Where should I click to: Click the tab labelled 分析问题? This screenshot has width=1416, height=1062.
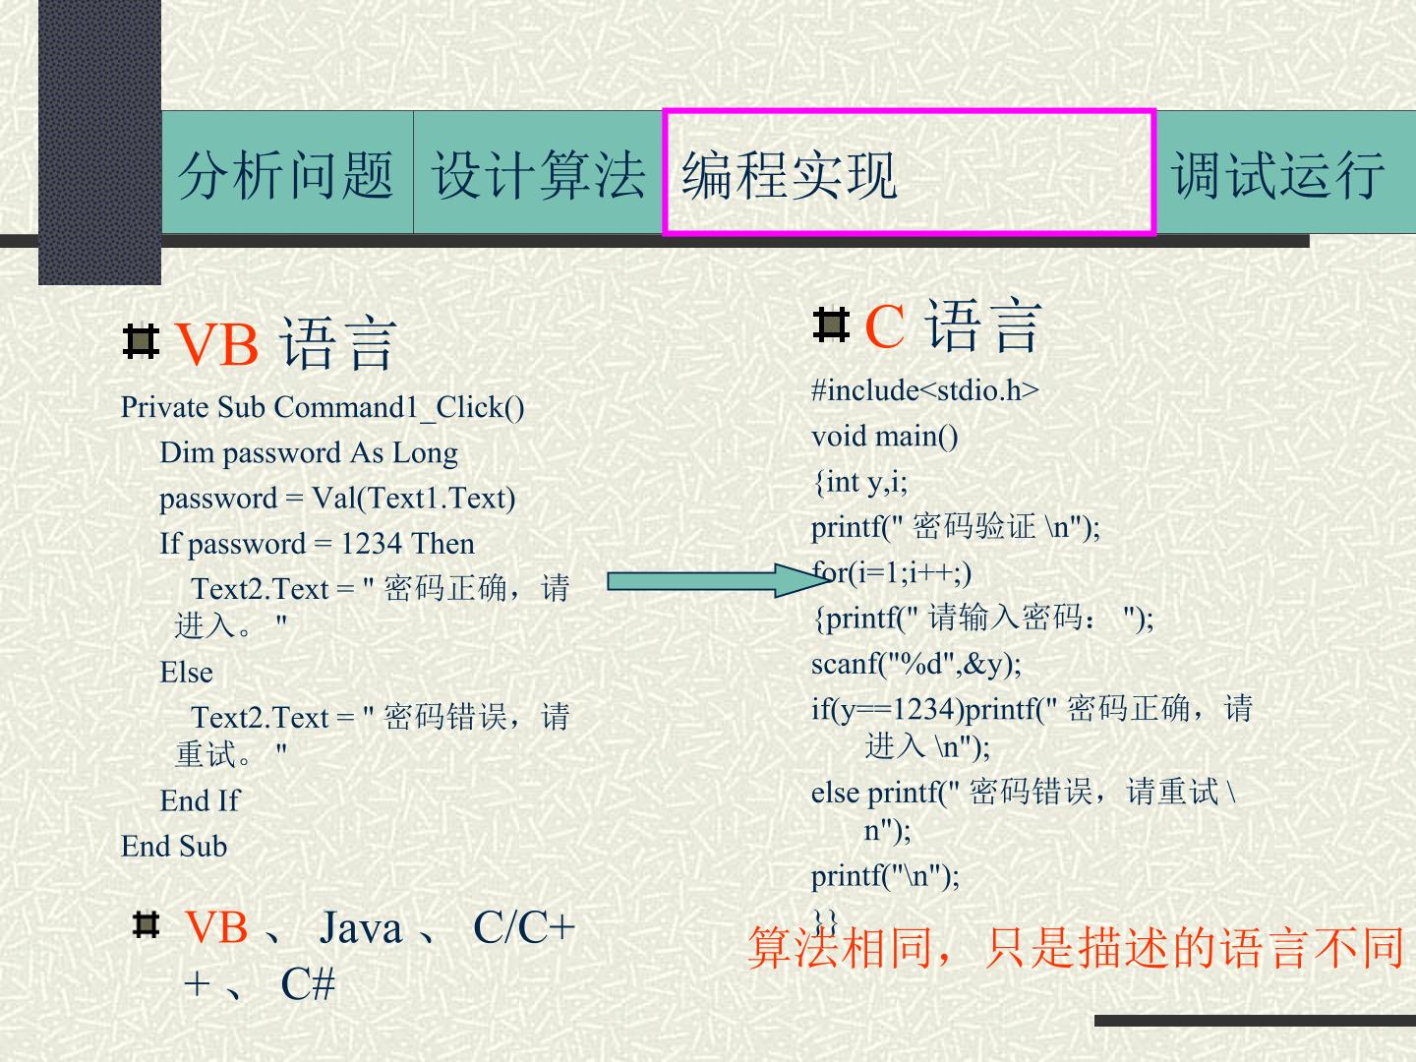coord(286,174)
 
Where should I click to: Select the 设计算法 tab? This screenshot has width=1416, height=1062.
coord(539,174)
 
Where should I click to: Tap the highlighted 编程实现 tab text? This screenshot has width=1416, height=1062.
coord(789,175)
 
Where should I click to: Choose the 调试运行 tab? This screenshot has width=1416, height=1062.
coord(1278,174)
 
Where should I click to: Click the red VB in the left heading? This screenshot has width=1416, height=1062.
coord(216,344)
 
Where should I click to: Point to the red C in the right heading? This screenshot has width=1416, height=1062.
coord(884,326)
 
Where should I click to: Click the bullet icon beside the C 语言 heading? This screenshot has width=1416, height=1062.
coord(831,324)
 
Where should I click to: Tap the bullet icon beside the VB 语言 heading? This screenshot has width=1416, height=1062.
coord(141,341)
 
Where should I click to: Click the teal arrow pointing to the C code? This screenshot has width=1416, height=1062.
coord(719,580)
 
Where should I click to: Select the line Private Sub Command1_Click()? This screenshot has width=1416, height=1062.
coord(323,407)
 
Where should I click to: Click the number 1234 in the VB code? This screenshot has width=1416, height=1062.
coord(371,544)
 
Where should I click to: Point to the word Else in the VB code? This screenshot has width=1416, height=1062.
coord(187,673)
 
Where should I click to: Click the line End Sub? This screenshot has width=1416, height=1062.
coord(174,846)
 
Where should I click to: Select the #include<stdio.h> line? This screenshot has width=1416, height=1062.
coord(925,390)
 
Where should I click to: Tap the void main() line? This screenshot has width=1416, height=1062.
coord(884,437)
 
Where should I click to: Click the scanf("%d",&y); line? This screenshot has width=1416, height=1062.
coord(916,664)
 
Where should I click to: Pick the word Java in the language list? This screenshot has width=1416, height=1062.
coord(361,928)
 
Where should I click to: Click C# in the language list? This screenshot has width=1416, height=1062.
coord(308,984)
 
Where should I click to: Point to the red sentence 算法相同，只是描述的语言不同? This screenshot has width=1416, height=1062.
coord(1076,948)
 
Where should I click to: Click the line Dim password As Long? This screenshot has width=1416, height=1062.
coord(309,453)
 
